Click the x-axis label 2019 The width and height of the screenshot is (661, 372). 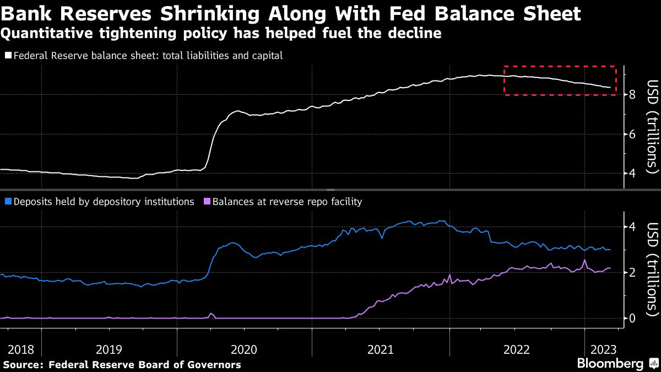[x=110, y=349]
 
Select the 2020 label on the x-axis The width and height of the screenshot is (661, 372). [x=244, y=349]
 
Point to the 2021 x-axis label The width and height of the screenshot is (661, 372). [x=380, y=349]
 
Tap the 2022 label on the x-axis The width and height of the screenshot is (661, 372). [x=516, y=349]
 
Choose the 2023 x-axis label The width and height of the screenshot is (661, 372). [x=603, y=349]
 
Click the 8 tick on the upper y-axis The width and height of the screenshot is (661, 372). [x=632, y=95]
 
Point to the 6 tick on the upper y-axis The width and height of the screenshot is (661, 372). [x=632, y=134]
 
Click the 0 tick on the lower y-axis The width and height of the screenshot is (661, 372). [x=632, y=318]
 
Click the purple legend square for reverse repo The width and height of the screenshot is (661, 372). [x=207, y=202]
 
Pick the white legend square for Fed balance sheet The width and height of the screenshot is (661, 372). [x=7, y=56]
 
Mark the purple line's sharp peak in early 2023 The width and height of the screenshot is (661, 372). [x=584, y=260]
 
